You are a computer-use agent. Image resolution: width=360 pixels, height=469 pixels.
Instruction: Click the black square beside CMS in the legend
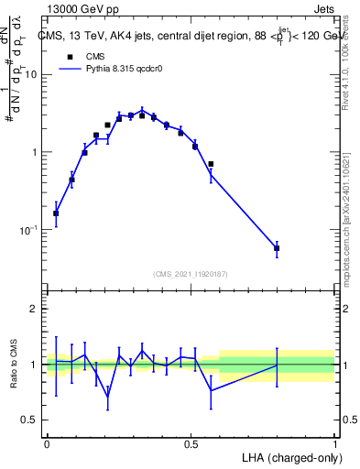[69, 57]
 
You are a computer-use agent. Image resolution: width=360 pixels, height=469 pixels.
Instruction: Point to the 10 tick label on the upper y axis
[32, 75]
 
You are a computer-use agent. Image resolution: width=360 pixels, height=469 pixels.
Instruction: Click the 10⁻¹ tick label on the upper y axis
[30, 229]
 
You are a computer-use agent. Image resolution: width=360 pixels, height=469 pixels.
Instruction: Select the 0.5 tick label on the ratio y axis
[31, 420]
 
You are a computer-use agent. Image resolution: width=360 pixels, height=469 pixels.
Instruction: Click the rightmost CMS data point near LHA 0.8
[277, 248]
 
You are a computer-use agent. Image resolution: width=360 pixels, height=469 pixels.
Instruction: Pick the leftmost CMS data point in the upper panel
[56, 213]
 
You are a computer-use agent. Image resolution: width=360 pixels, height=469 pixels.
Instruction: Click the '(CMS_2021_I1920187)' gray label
[191, 274]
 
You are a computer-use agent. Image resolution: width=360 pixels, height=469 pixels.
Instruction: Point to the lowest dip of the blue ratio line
[108, 398]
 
